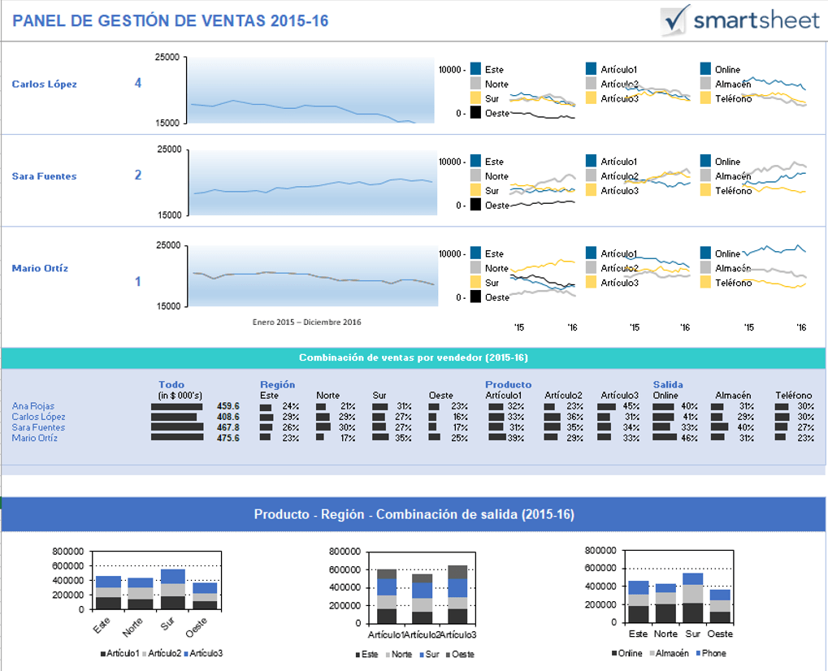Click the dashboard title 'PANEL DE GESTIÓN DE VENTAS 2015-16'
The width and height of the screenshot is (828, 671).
pos(171,21)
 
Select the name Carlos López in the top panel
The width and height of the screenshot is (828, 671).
pos(44,84)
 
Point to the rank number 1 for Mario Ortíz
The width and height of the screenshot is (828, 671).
pos(137,282)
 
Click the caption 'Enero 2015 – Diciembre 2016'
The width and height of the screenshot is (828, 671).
pos(306,322)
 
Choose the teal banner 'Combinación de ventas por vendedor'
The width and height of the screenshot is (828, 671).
pos(413,357)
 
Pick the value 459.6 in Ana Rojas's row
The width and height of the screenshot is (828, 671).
pos(228,406)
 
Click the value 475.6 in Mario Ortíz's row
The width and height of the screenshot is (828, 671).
pos(228,438)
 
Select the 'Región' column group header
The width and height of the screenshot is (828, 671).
pos(277,384)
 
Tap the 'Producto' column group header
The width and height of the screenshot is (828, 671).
pos(508,384)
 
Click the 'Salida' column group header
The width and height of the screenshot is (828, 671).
pos(668,384)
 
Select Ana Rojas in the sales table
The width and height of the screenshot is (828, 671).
pos(33,406)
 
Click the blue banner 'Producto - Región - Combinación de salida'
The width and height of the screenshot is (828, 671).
pos(413,514)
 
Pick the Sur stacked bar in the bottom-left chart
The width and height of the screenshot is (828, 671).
pos(173,589)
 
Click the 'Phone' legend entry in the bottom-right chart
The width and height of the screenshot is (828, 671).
pos(714,653)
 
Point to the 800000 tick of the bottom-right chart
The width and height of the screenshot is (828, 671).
pos(600,550)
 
